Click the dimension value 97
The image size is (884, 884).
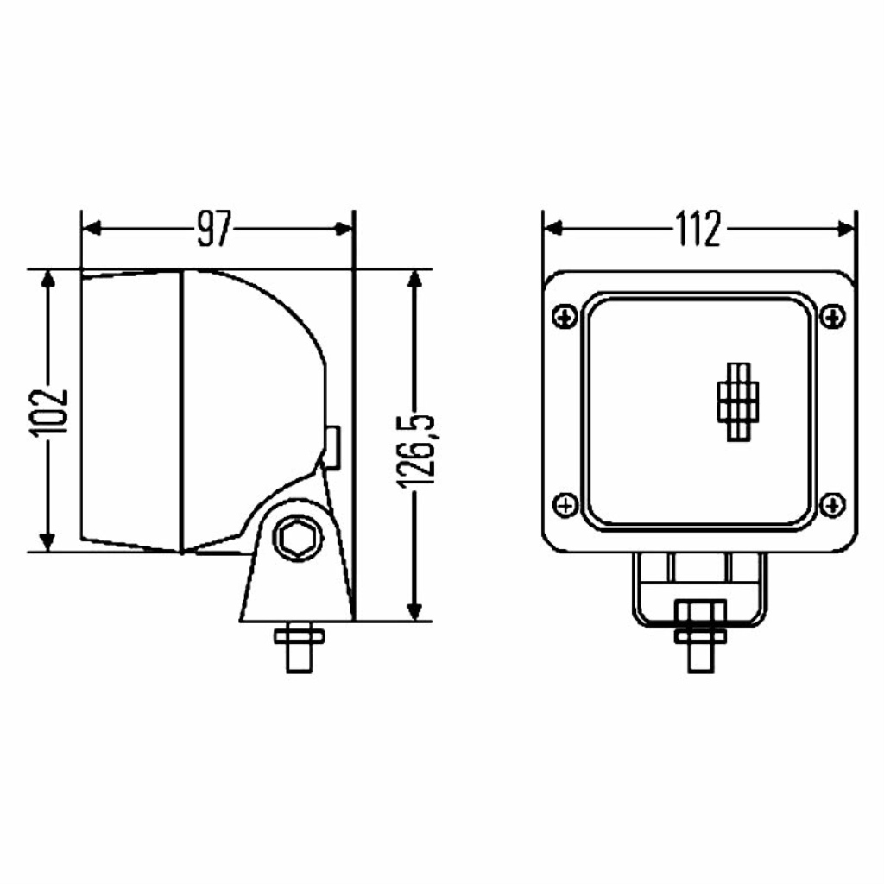214,230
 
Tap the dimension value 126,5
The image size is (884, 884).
415,451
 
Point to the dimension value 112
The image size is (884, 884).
698,229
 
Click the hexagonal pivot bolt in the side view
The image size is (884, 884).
298,539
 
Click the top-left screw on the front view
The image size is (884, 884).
565,316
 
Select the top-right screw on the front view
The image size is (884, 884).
831,316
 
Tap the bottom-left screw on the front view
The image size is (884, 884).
565,504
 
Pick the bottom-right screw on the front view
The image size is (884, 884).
831,504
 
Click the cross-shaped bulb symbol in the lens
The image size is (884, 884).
738,401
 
